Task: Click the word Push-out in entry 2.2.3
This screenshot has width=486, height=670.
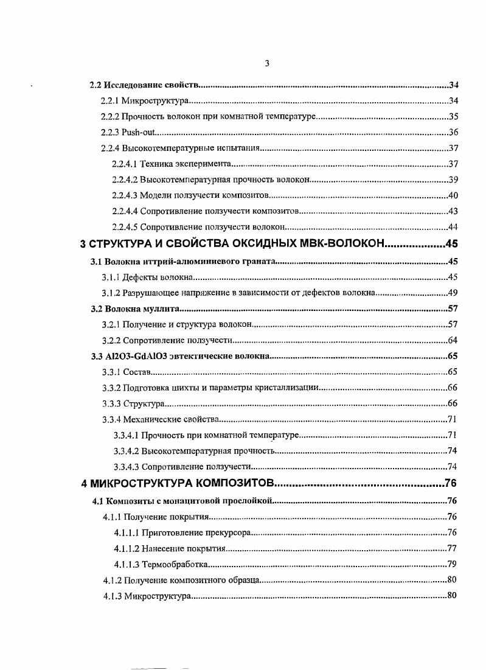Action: pyautogui.click(x=139, y=132)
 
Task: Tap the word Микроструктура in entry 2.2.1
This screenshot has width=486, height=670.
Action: pyautogui.click(x=156, y=100)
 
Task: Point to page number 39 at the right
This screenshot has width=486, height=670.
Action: pyautogui.click(x=452, y=180)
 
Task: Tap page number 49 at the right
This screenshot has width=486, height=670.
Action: pyautogui.click(x=452, y=293)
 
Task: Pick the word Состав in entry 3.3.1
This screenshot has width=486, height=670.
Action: pyautogui.click(x=136, y=372)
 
